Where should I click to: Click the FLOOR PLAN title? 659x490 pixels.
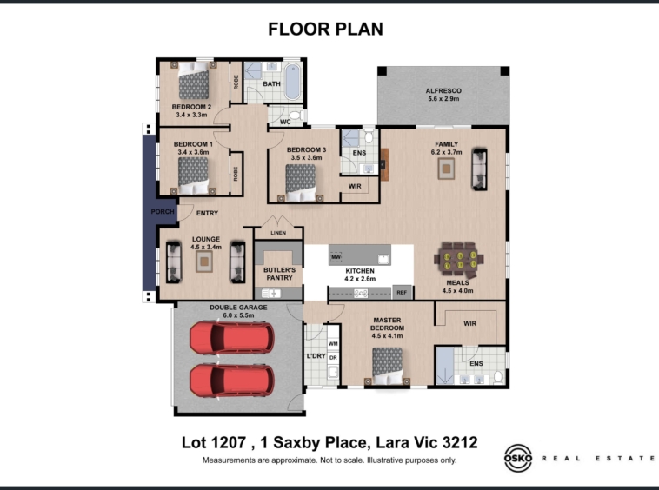tap(326, 30)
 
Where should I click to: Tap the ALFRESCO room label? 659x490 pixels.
tap(443, 90)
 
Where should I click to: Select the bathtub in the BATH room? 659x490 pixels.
tap(292, 82)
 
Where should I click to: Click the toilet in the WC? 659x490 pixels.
tap(295, 115)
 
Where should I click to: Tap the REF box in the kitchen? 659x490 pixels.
tap(402, 293)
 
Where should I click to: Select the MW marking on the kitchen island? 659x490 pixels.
tap(336, 256)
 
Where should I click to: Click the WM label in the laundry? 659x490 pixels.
tap(333, 344)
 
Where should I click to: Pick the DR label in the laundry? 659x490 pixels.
tap(333, 358)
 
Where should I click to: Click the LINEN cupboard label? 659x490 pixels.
tap(278, 233)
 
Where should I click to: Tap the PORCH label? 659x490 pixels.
tap(163, 212)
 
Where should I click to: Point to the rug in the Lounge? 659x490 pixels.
tap(204, 262)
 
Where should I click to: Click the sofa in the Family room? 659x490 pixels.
tap(479, 169)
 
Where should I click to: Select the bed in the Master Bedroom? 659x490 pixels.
tap(387, 366)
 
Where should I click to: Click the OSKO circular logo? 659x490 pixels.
tap(518, 458)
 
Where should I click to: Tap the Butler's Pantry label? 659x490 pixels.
tap(279, 274)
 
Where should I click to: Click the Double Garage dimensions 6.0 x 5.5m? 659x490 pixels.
tap(238, 315)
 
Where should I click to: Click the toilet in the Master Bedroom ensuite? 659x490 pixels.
tap(498, 377)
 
